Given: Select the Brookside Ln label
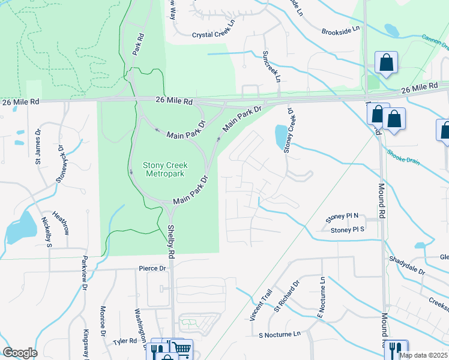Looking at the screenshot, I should click(340, 29).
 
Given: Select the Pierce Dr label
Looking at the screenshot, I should click(152, 268).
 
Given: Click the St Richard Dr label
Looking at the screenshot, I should click(287, 296).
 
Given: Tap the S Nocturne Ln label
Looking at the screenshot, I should click(279, 334).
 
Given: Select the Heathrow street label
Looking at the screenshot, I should click(61, 219).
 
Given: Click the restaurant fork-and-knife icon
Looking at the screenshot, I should click(395, 349).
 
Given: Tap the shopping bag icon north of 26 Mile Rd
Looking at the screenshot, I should click(385, 62).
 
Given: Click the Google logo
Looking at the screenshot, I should click(20, 352).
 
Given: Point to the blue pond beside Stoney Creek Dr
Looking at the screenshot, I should click(280, 137).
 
